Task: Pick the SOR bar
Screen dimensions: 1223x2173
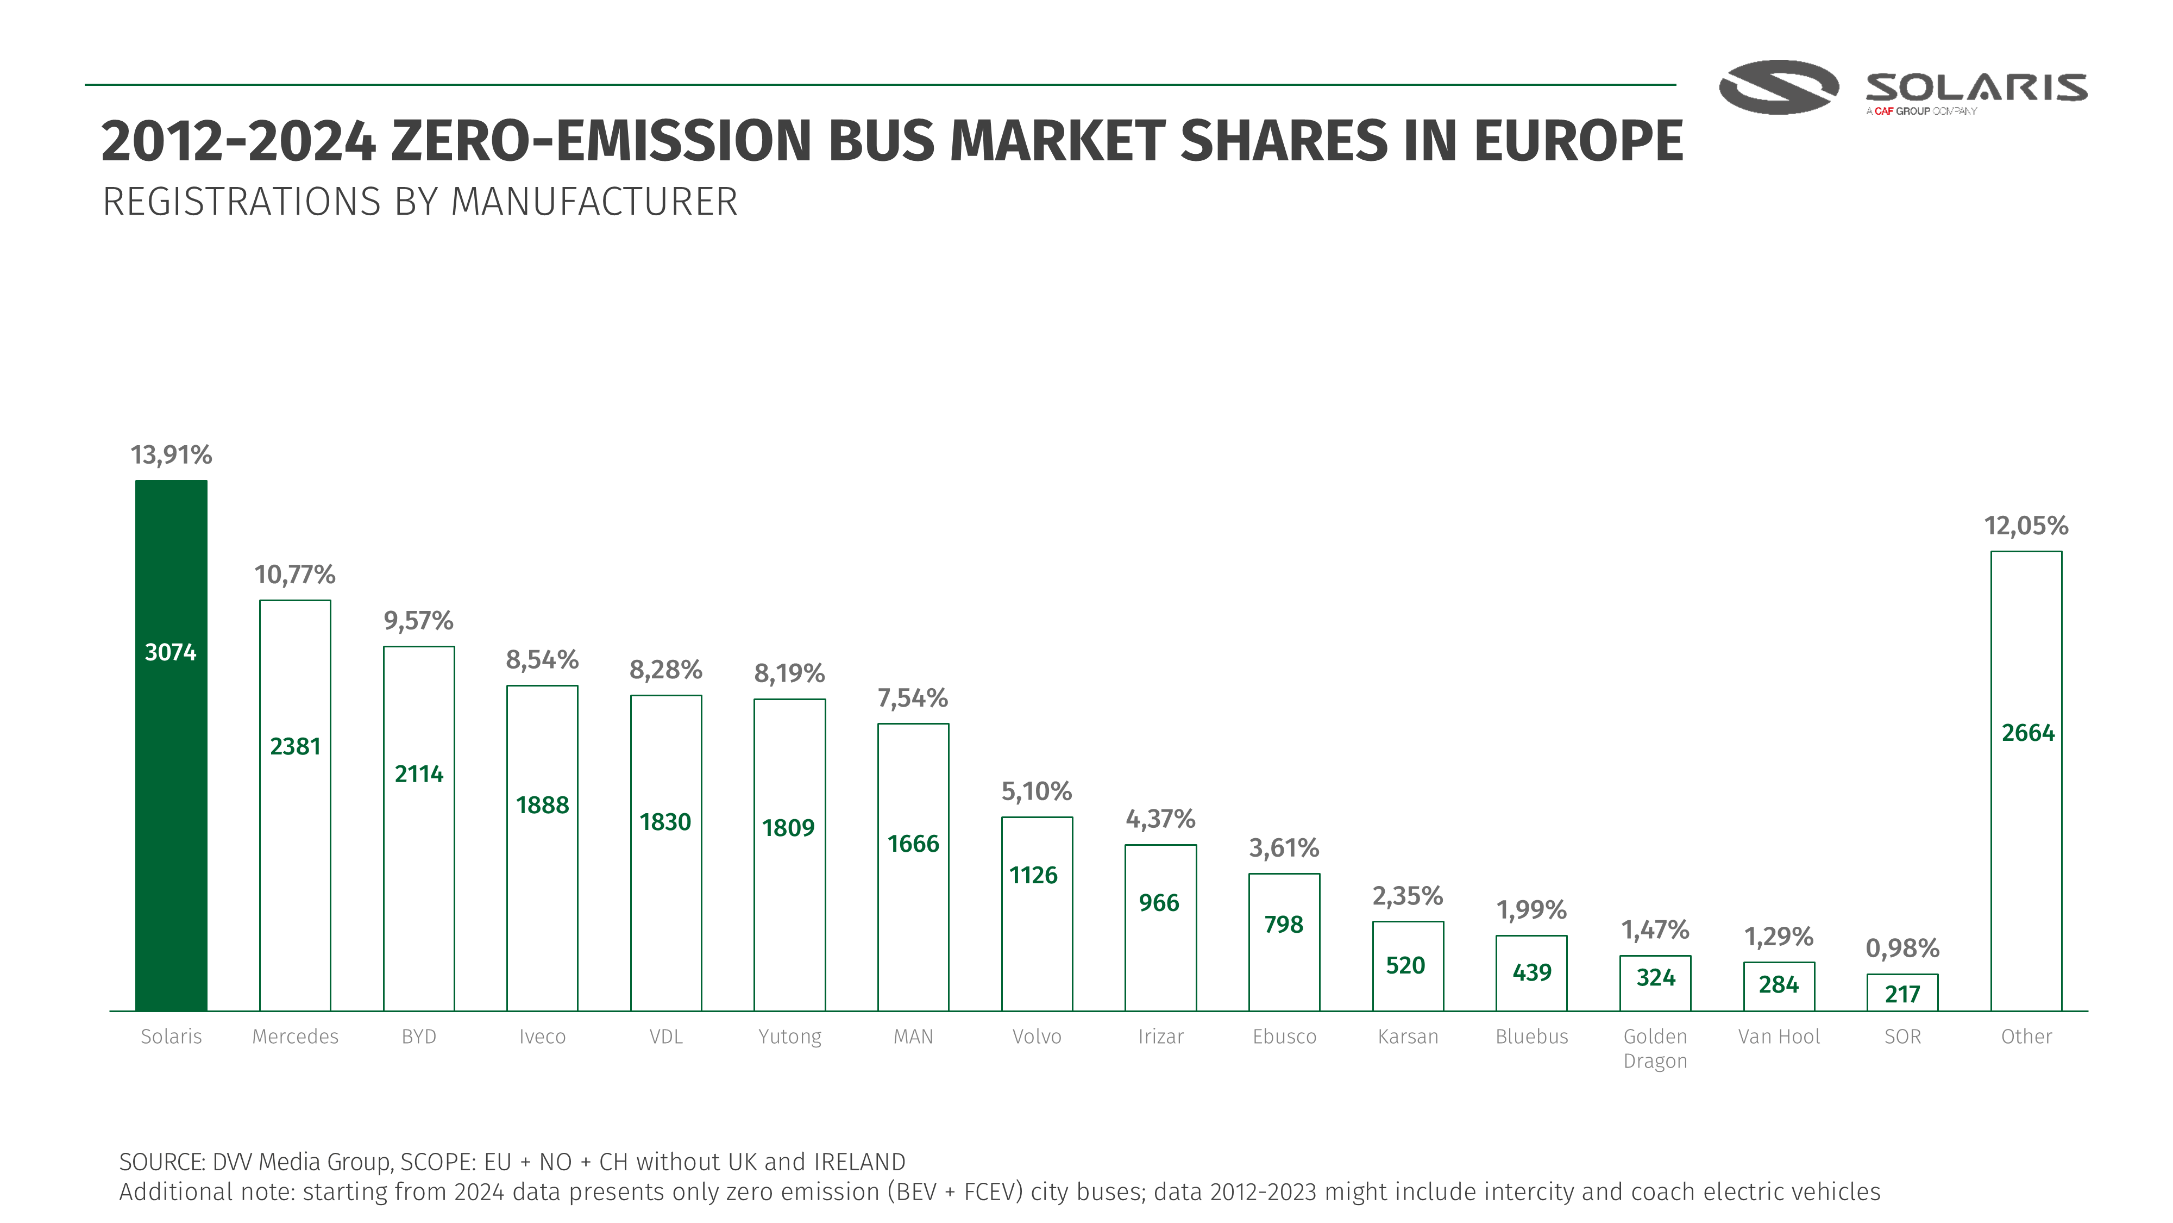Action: (x=1902, y=993)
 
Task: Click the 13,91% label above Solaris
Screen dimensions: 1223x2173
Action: (x=171, y=455)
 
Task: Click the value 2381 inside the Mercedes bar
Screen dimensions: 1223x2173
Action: (x=295, y=746)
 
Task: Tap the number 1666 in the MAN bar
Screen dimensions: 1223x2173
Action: (x=913, y=843)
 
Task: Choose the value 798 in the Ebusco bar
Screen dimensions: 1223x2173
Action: (x=1284, y=924)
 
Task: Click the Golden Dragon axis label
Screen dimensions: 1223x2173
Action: (x=1655, y=1049)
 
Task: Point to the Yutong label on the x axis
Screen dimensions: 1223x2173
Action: (x=789, y=1037)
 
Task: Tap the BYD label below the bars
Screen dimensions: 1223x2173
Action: (x=418, y=1037)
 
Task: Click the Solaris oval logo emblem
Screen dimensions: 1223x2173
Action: (x=1778, y=87)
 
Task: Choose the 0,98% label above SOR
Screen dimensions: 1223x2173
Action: (x=1902, y=948)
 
